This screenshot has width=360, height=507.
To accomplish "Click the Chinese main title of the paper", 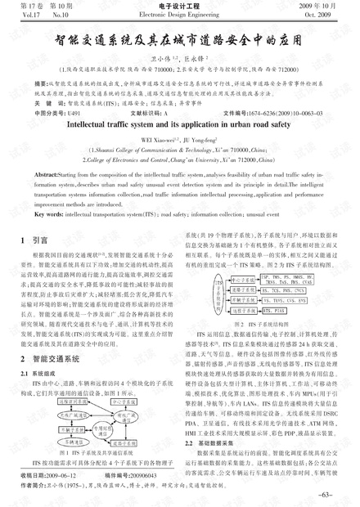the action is tap(179, 38).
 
